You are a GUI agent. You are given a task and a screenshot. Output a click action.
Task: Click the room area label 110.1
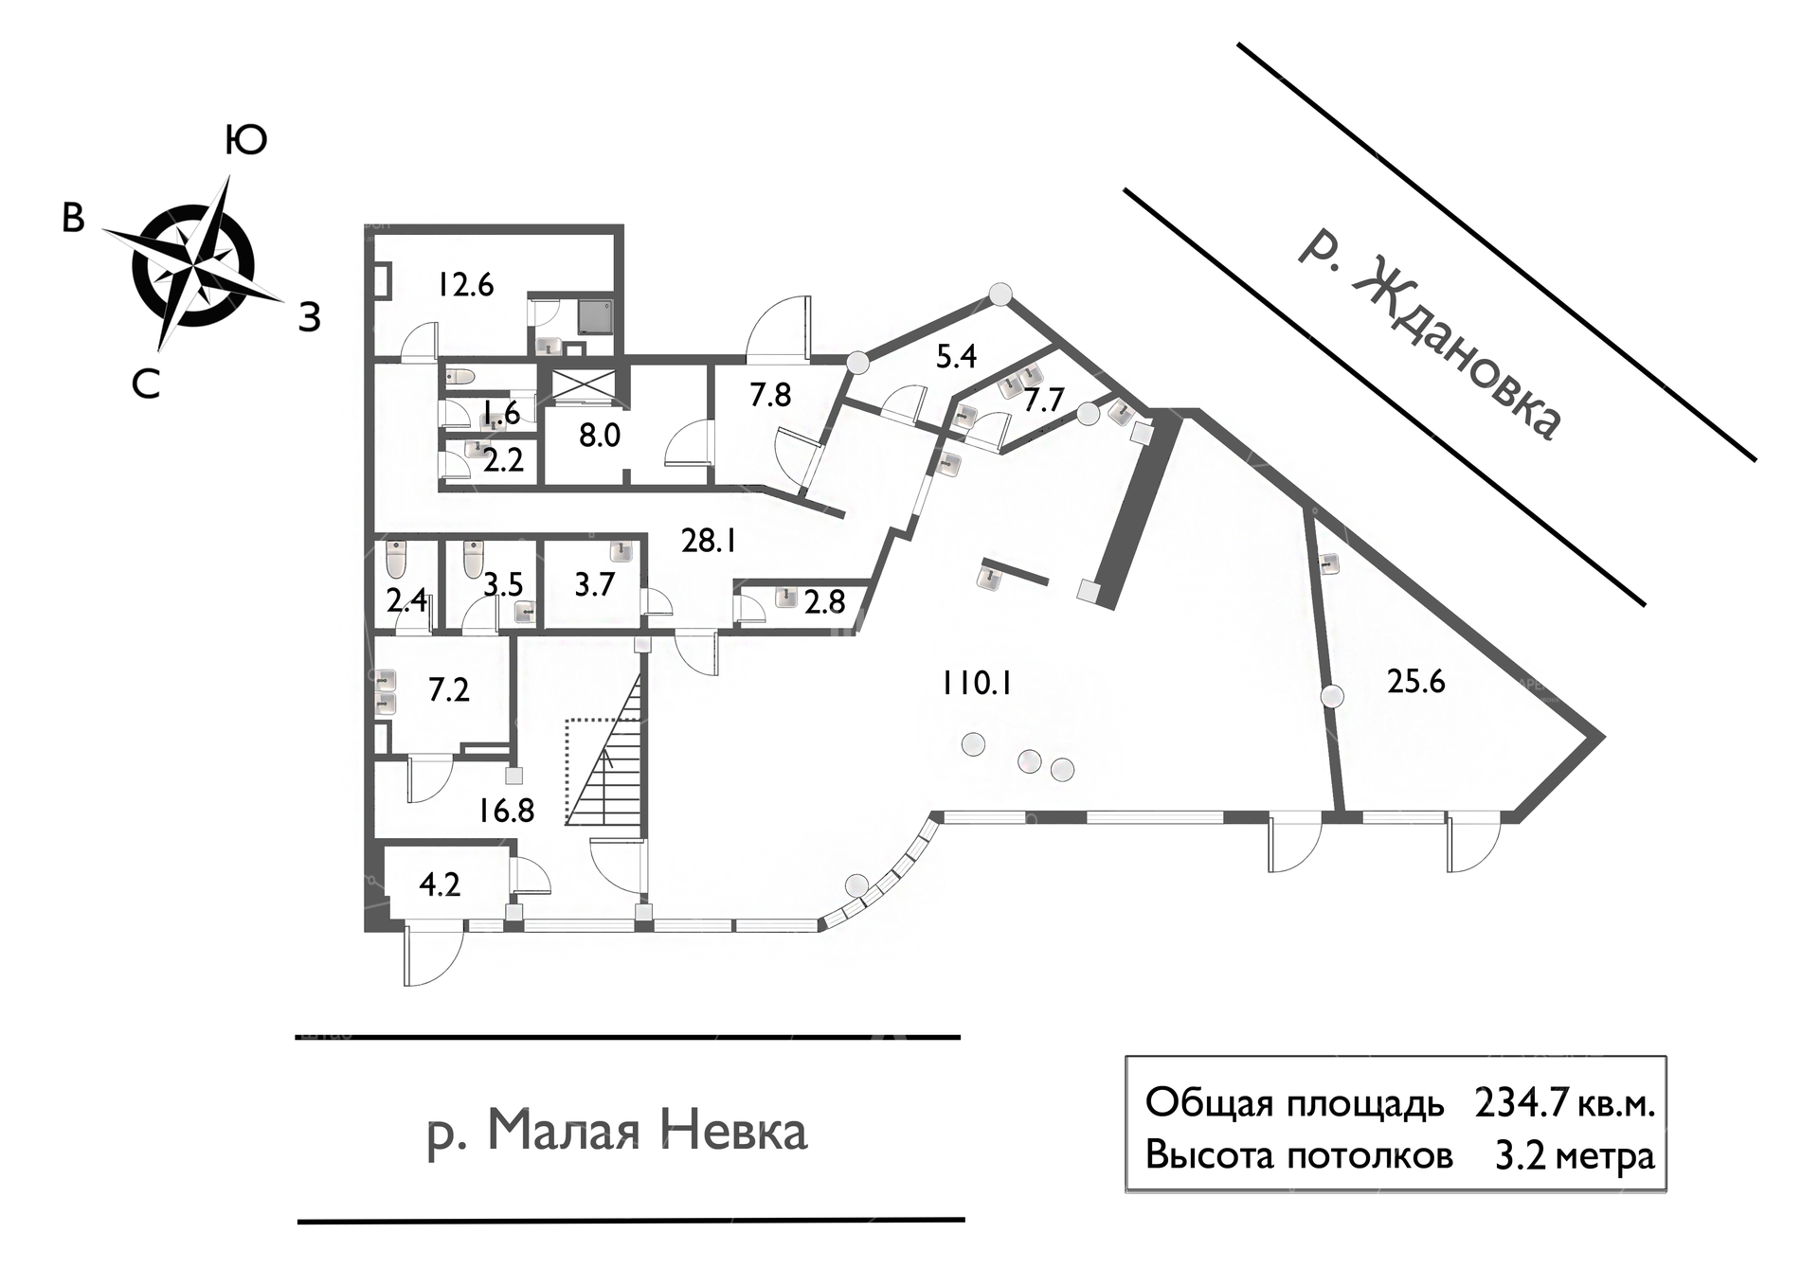tap(976, 682)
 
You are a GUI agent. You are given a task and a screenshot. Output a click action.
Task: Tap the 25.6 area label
tap(1416, 681)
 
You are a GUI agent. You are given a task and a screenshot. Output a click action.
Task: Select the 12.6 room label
tap(465, 284)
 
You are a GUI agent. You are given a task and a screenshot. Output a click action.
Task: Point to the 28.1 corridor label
tap(709, 541)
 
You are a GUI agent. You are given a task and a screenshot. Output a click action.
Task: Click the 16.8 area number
tap(507, 811)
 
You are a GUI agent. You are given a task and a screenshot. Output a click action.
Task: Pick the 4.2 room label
tap(440, 884)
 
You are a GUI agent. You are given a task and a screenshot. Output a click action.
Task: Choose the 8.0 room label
tap(600, 435)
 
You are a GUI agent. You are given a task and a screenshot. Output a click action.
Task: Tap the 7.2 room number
tap(449, 688)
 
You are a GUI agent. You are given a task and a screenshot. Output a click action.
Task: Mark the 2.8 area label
tap(824, 601)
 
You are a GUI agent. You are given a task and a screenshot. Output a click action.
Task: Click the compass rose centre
tap(193, 262)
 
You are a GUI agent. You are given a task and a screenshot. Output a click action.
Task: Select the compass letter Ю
tap(246, 140)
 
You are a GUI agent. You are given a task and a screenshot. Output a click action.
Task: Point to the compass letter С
tap(146, 384)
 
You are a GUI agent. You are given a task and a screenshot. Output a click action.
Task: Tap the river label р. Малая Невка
tap(618, 1131)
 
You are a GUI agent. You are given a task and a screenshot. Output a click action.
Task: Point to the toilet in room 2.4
tap(397, 560)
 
